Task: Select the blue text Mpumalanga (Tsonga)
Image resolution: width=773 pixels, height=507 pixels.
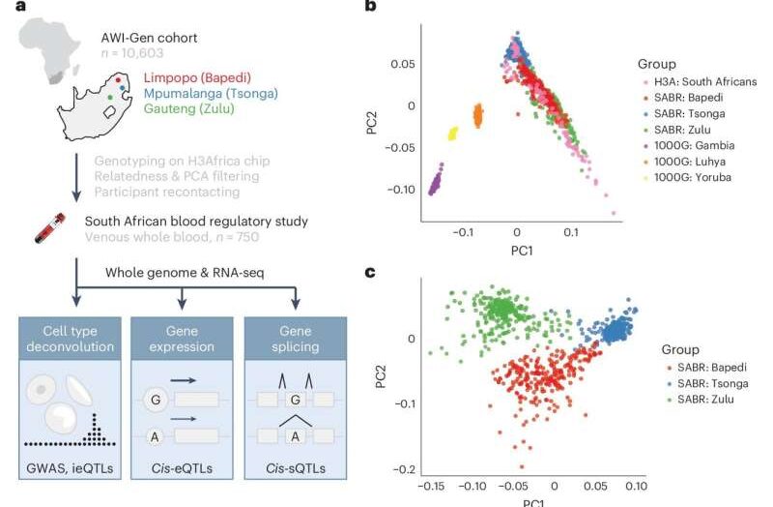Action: pos(211,94)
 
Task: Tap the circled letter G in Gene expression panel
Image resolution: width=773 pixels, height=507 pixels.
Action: pos(154,398)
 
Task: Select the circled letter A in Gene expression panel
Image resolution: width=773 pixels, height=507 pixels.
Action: pos(154,437)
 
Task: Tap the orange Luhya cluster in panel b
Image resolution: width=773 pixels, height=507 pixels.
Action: pos(477,116)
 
